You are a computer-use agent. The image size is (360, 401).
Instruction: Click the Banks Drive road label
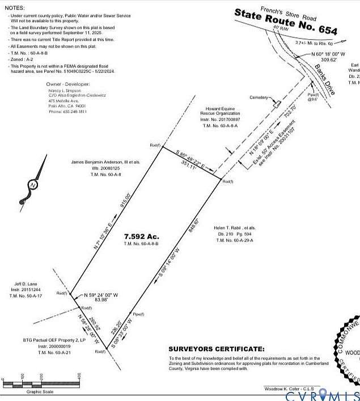(x=323, y=79)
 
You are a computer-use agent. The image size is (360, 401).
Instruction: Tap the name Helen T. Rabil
(x=232, y=226)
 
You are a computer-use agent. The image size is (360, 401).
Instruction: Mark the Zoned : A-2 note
(x=24, y=58)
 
